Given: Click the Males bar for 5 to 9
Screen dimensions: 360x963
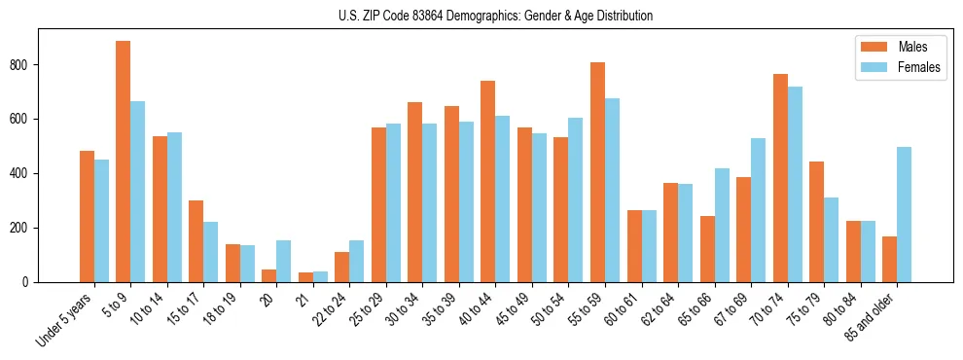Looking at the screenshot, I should pyautogui.click(x=124, y=162).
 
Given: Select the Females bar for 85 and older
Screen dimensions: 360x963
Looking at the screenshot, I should pyautogui.click(x=905, y=215).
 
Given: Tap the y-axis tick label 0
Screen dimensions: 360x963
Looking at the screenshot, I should pyautogui.click(x=30, y=282).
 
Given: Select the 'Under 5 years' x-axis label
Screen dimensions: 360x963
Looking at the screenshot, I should pyautogui.click(x=66, y=320).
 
